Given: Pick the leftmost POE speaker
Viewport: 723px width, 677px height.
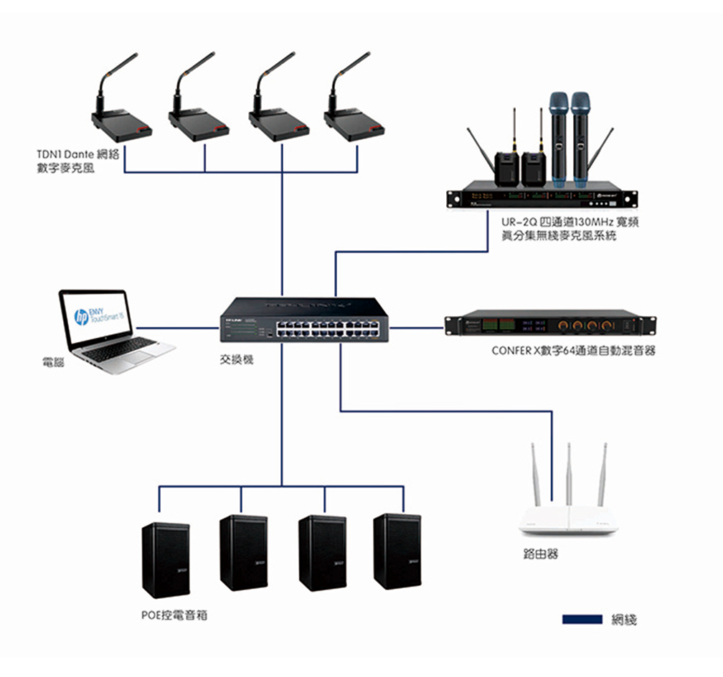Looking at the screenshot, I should click(x=166, y=559).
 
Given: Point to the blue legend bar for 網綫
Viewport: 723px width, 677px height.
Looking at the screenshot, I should click(x=582, y=619).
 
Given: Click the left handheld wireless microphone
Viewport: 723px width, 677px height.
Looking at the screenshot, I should click(x=557, y=136).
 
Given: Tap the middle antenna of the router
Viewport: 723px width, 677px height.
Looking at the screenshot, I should click(x=568, y=473).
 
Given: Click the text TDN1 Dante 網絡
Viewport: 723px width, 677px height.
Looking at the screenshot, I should click(x=77, y=154).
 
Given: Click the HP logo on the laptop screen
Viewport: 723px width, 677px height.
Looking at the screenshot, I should click(x=80, y=316).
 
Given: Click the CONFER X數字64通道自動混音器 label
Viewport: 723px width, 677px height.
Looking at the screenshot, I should click(x=573, y=351).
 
